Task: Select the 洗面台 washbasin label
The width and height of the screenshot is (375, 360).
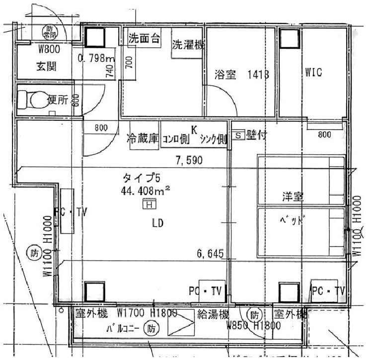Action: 144,39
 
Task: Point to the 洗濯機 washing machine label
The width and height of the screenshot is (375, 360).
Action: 188,45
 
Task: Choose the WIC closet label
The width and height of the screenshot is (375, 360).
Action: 314,73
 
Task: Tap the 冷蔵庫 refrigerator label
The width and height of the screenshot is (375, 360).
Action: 143,139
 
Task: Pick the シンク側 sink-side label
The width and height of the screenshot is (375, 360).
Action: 213,140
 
